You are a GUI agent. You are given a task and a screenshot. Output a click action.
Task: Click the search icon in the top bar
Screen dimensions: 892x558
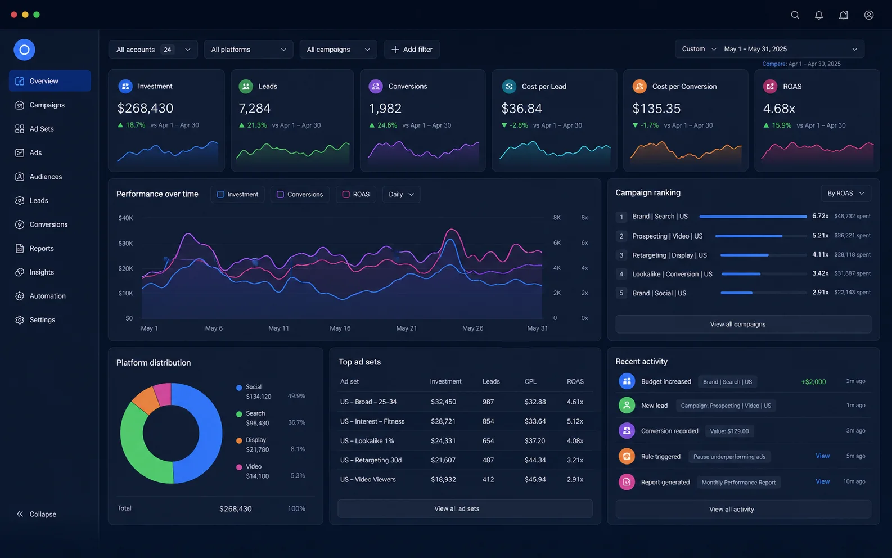coord(795,15)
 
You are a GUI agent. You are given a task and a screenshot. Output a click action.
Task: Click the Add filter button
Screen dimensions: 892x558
coord(412,49)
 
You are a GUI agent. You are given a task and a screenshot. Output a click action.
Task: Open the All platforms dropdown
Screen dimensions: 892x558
coord(249,49)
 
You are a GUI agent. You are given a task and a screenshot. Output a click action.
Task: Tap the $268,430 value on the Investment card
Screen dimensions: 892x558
coord(145,108)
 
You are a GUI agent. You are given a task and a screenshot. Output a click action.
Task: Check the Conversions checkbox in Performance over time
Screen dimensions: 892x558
coord(280,195)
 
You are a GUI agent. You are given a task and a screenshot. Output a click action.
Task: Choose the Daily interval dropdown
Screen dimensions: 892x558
coord(401,195)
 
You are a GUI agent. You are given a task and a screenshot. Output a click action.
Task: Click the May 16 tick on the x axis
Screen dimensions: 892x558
coord(340,328)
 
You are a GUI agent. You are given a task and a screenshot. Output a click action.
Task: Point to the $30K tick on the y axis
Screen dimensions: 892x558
coord(125,243)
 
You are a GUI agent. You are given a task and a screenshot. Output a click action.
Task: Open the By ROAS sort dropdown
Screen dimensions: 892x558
coord(846,193)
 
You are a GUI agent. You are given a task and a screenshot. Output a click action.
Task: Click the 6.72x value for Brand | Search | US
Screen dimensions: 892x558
coord(821,216)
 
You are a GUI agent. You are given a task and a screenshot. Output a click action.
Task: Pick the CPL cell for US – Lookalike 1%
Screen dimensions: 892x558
coord(535,441)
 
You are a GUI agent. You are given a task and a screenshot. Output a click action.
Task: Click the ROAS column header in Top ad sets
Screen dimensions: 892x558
coord(575,381)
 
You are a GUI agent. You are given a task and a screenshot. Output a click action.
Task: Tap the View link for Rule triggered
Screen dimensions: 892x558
coord(822,456)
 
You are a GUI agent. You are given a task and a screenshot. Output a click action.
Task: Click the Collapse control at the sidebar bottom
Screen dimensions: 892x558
coord(37,514)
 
